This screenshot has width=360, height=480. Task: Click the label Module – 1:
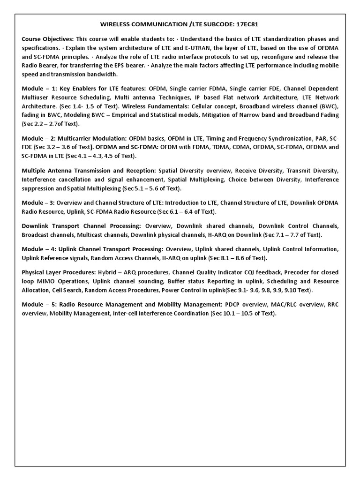point(39,88)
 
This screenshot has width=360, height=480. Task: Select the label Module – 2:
point(39,138)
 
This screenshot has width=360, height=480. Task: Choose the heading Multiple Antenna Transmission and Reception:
point(89,171)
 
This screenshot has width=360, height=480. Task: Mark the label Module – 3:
point(39,202)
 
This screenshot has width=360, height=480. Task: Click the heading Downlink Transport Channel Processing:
point(83,225)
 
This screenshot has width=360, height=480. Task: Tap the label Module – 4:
point(39,248)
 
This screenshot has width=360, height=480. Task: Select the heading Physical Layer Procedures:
point(59,272)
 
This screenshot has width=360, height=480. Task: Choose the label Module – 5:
point(39,304)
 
